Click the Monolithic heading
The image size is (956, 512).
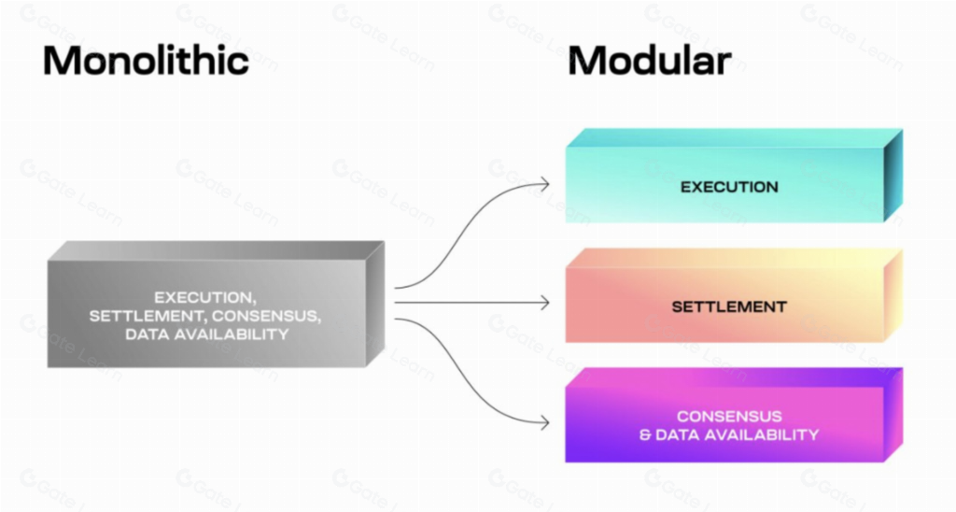pyautogui.click(x=146, y=60)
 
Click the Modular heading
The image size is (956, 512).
pyautogui.click(x=649, y=60)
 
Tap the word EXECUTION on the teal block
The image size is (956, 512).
pyautogui.click(x=729, y=187)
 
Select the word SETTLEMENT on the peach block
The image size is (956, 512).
pyautogui.click(x=729, y=306)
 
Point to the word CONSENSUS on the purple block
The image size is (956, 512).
pyautogui.click(x=729, y=416)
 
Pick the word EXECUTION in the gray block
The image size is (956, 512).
pyautogui.click(x=204, y=297)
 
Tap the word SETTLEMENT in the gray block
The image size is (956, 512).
pyautogui.click(x=140, y=316)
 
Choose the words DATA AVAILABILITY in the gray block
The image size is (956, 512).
pyautogui.click(x=206, y=334)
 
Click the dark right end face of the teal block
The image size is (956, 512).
pyautogui.click(x=893, y=175)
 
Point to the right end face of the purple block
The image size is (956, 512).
pyautogui.click(x=893, y=414)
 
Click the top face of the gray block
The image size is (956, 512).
pyautogui.click(x=215, y=251)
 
